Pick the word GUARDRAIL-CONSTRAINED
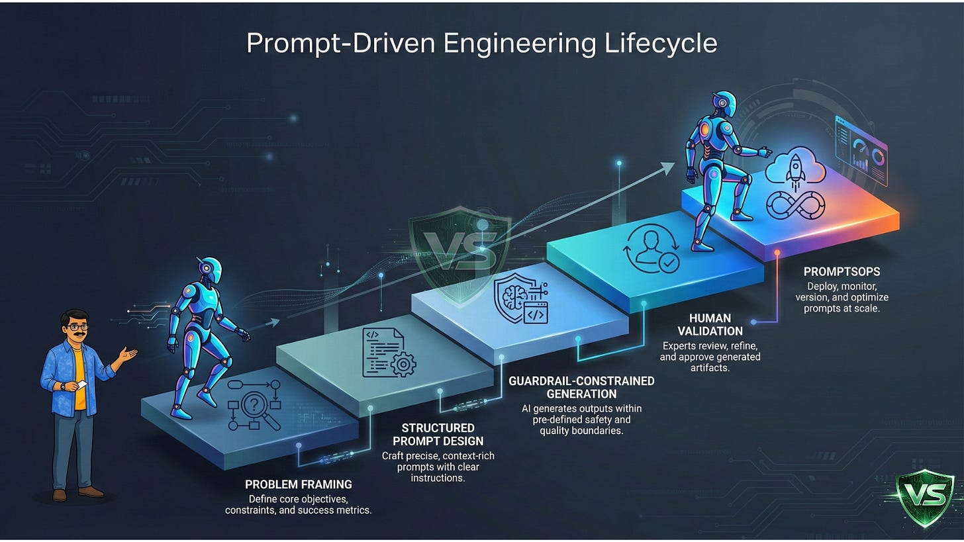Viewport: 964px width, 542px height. click(581, 381)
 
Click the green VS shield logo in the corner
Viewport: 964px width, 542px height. click(924, 496)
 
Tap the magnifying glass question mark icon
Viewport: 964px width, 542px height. click(255, 404)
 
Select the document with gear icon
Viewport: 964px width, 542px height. click(388, 352)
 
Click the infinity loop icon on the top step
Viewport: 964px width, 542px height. click(795, 205)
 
